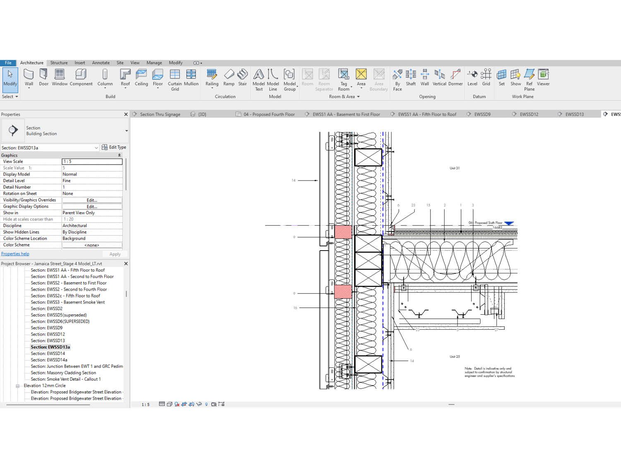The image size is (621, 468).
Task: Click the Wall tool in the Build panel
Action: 29,77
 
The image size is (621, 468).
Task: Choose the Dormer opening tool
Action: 455,77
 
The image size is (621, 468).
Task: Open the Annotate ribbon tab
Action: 101,63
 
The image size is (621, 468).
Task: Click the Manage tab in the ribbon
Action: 154,63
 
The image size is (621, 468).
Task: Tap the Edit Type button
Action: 114,147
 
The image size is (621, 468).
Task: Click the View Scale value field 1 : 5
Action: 92,162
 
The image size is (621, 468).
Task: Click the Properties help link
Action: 15,254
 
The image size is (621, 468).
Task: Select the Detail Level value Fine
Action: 92,181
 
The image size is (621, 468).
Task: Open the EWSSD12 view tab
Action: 529,114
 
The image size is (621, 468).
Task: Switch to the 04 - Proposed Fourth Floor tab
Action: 269,114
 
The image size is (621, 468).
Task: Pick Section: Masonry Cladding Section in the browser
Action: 63,373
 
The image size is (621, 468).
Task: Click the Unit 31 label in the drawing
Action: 455,168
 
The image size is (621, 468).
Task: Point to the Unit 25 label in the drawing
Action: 455,357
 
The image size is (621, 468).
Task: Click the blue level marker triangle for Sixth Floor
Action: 509,224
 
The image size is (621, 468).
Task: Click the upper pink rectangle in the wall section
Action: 343,232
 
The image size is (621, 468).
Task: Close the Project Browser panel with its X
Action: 126,264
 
